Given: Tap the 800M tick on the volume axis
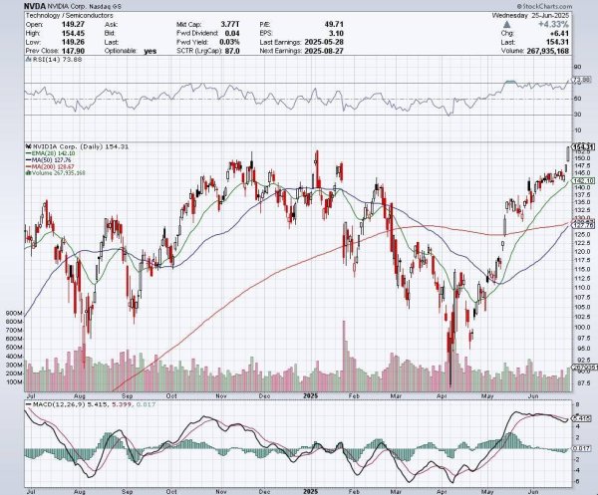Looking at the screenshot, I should tap(14, 312).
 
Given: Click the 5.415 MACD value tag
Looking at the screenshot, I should tap(583, 417).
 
